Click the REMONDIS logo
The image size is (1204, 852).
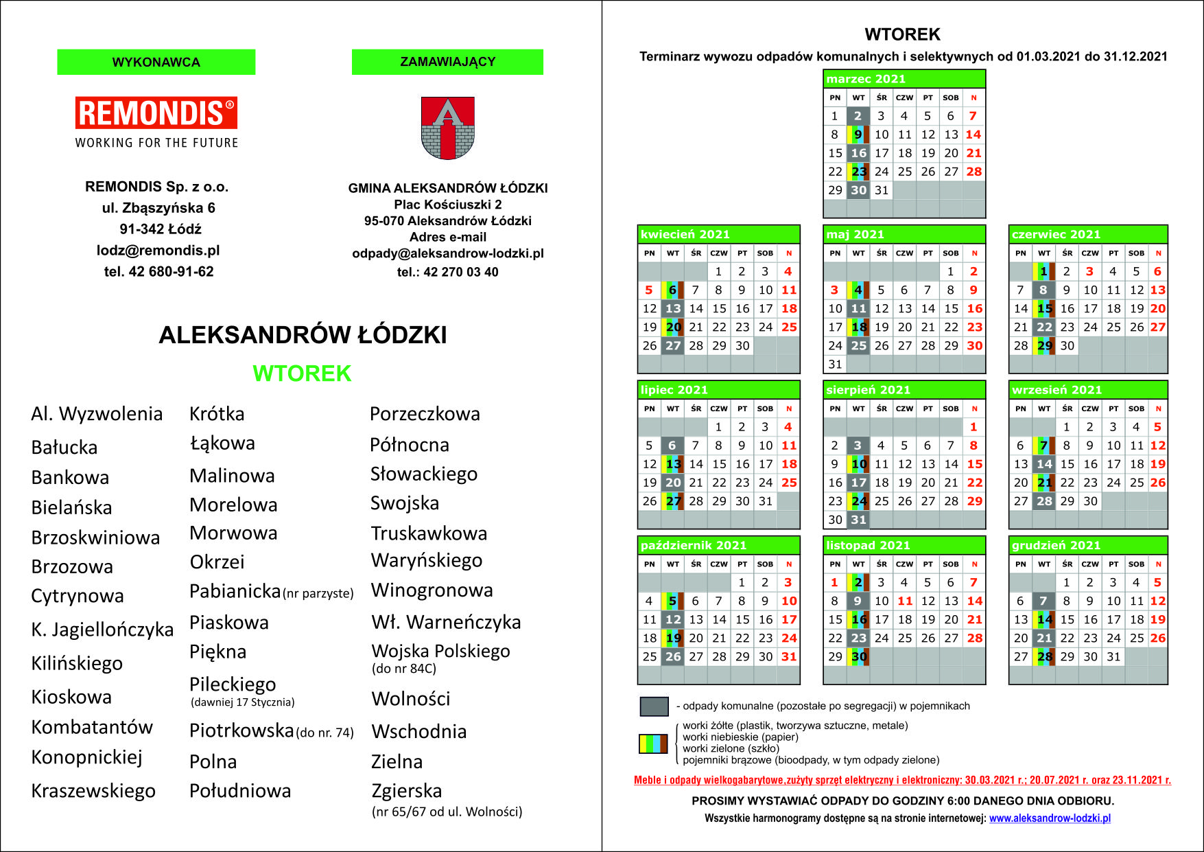click(x=156, y=113)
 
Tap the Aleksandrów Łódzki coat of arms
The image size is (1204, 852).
click(x=447, y=128)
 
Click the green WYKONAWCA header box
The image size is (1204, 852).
click(x=156, y=62)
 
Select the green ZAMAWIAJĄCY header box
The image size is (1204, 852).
click(x=447, y=62)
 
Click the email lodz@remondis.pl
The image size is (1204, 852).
click(x=158, y=251)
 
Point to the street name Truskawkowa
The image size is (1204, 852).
click(x=429, y=533)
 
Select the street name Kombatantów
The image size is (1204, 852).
click(x=92, y=727)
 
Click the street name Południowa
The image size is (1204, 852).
click(x=240, y=791)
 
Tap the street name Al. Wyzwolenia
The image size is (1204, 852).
click(x=97, y=414)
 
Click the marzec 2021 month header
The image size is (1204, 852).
click(x=866, y=79)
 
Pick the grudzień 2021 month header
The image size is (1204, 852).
click(x=1056, y=545)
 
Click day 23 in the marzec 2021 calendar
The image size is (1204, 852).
click(x=858, y=172)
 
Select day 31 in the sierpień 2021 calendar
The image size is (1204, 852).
click(x=858, y=520)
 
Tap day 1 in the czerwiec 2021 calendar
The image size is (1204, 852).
click(x=1043, y=272)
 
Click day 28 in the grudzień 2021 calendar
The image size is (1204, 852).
click(x=1044, y=656)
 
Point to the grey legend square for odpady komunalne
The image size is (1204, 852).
click(x=654, y=706)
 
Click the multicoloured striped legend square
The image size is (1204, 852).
click(x=653, y=744)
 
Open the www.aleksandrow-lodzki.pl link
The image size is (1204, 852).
click(x=1050, y=818)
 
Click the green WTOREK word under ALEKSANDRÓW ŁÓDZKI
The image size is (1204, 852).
click(x=302, y=373)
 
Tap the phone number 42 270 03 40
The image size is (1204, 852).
click(x=461, y=272)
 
